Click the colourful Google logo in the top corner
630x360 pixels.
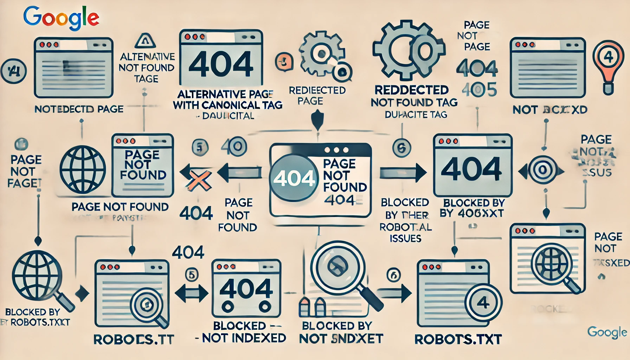click(x=61, y=18)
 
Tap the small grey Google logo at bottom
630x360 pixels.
click(x=607, y=332)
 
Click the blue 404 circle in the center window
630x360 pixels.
click(x=294, y=178)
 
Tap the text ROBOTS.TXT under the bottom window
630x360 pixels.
click(x=458, y=339)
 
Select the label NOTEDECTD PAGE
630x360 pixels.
click(x=79, y=109)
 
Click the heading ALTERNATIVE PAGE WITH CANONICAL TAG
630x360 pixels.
click(x=227, y=99)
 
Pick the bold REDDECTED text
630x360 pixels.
click(x=411, y=90)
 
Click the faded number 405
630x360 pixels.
click(x=479, y=90)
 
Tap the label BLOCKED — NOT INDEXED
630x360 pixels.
click(x=241, y=332)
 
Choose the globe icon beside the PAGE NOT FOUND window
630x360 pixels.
click(x=83, y=169)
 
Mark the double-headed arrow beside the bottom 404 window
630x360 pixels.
click(x=192, y=293)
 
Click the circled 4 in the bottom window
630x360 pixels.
click(x=483, y=302)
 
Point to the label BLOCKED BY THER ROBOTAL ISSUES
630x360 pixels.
click(x=405, y=220)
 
